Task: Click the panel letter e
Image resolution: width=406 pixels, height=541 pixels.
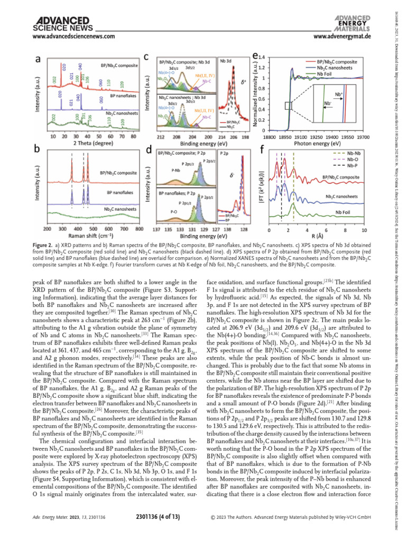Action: pos(256,55)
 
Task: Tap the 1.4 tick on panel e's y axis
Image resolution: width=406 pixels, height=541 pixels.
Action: pos(262,57)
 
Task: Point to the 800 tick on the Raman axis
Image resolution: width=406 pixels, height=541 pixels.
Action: pos(139,229)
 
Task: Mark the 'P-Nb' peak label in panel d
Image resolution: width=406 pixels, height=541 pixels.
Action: pos(177,171)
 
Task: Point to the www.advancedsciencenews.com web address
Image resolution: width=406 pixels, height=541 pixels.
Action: pos(74,36)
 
